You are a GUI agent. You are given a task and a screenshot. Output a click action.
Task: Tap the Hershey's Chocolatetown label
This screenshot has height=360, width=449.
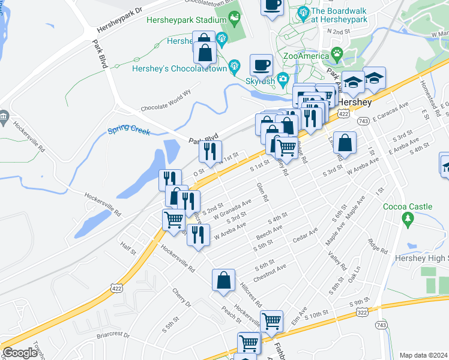click(x=179, y=68)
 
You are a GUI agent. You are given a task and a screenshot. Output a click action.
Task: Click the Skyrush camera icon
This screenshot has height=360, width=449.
click(x=282, y=80)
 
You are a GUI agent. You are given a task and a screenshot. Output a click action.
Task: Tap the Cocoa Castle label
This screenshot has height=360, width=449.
click(x=408, y=206)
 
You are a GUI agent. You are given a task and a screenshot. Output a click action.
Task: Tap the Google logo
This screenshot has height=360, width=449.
click(x=20, y=353)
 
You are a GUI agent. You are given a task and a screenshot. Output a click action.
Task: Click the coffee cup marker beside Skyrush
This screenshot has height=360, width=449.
click(x=262, y=64)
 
